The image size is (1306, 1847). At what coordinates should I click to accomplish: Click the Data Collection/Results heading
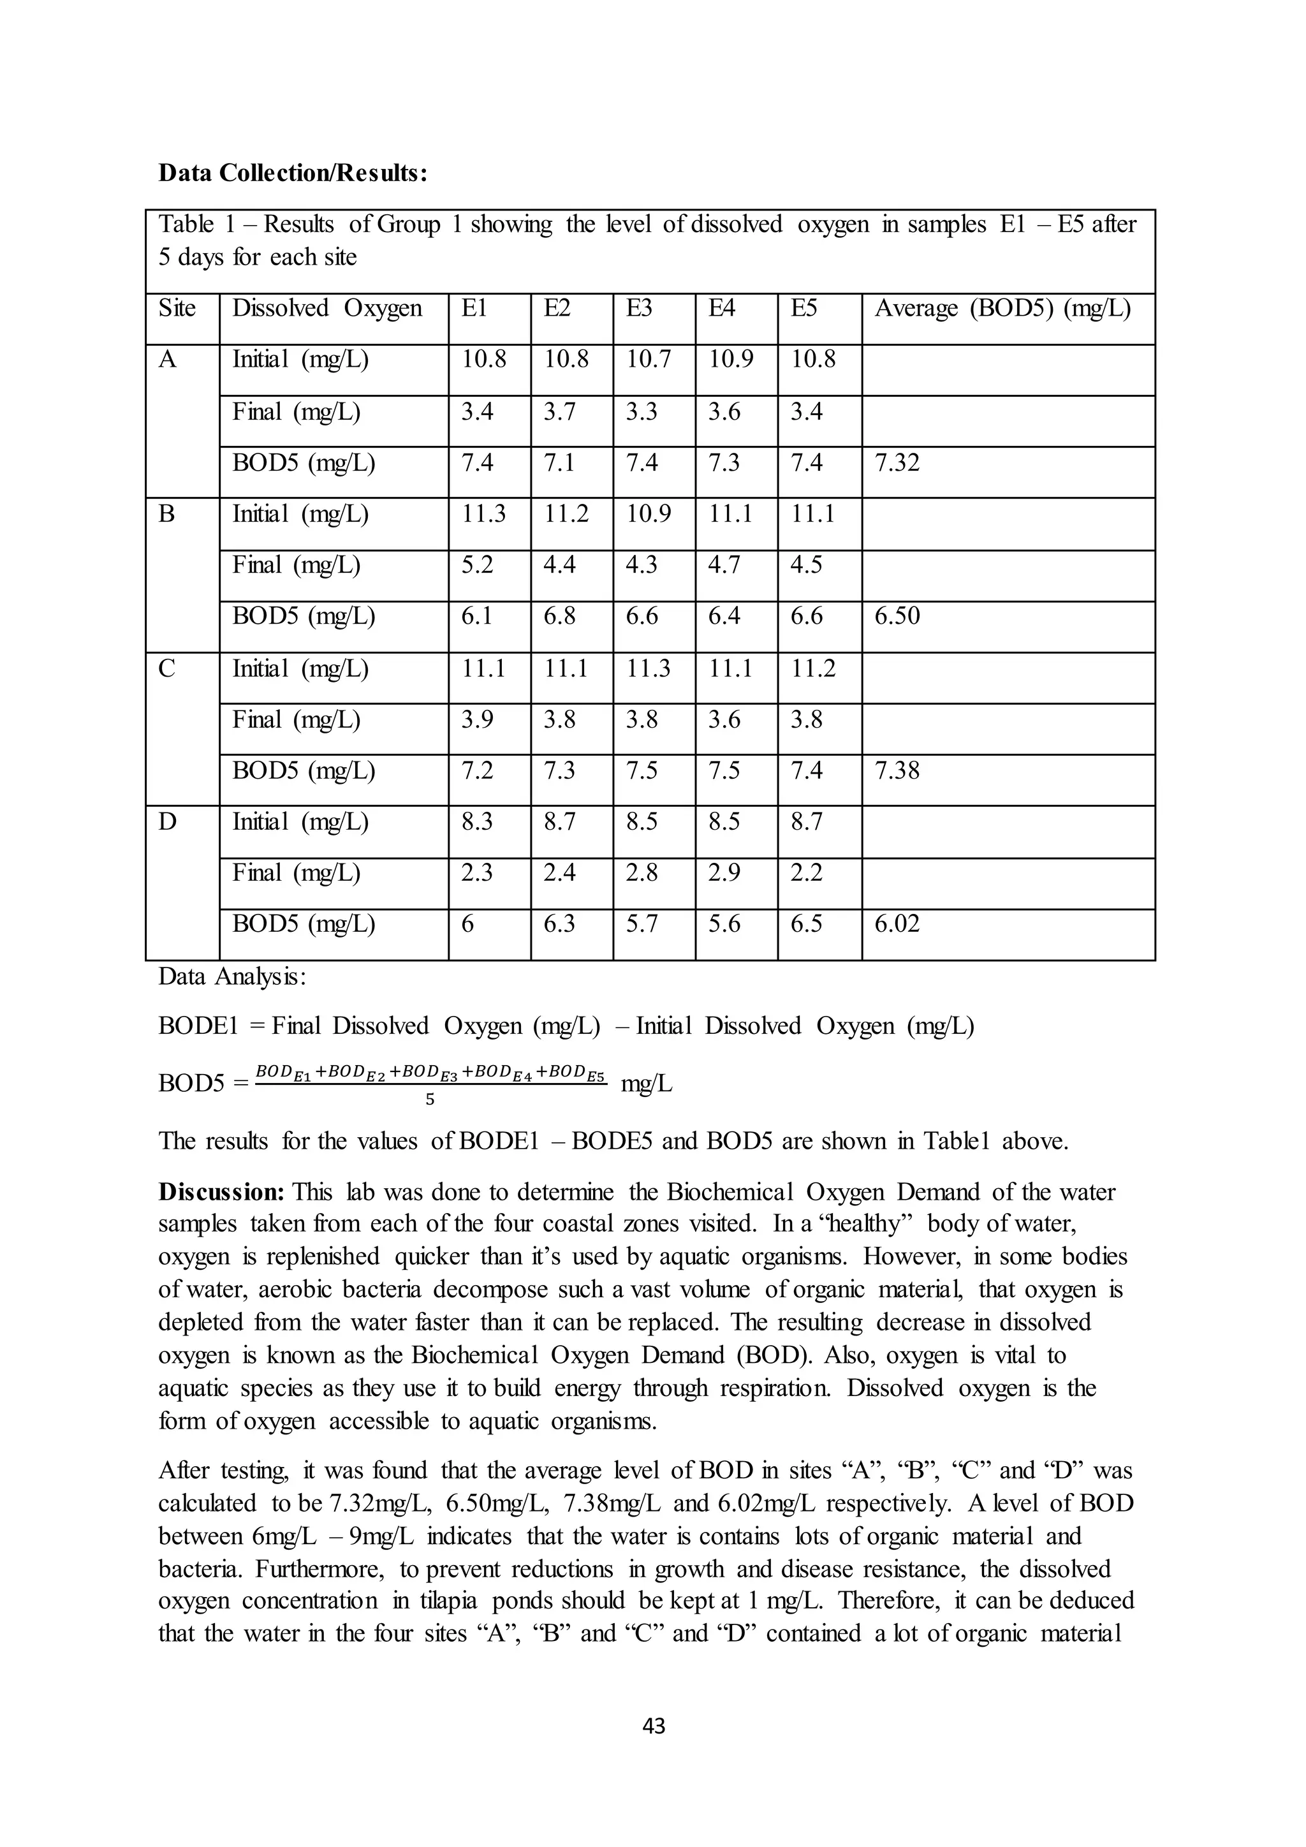293,173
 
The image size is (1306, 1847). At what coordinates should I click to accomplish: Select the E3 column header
640,309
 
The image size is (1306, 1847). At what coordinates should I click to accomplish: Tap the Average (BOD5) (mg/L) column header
1002,309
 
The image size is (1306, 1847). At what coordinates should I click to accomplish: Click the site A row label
167,360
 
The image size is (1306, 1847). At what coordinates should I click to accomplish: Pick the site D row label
167,823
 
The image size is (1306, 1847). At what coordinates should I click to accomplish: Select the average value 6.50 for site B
897,617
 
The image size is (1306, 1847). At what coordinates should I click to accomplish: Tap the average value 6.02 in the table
897,924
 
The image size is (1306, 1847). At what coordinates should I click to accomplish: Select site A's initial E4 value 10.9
730,360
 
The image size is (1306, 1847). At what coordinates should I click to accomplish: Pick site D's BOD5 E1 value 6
467,924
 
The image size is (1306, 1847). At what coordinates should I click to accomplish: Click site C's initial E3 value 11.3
648,668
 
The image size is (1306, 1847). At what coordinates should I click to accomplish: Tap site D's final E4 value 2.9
724,874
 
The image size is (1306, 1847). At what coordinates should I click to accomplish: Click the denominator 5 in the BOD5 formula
429,1100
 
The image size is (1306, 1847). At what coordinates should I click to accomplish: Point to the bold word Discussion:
222,1191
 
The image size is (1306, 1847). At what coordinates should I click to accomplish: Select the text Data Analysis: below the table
231,976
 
